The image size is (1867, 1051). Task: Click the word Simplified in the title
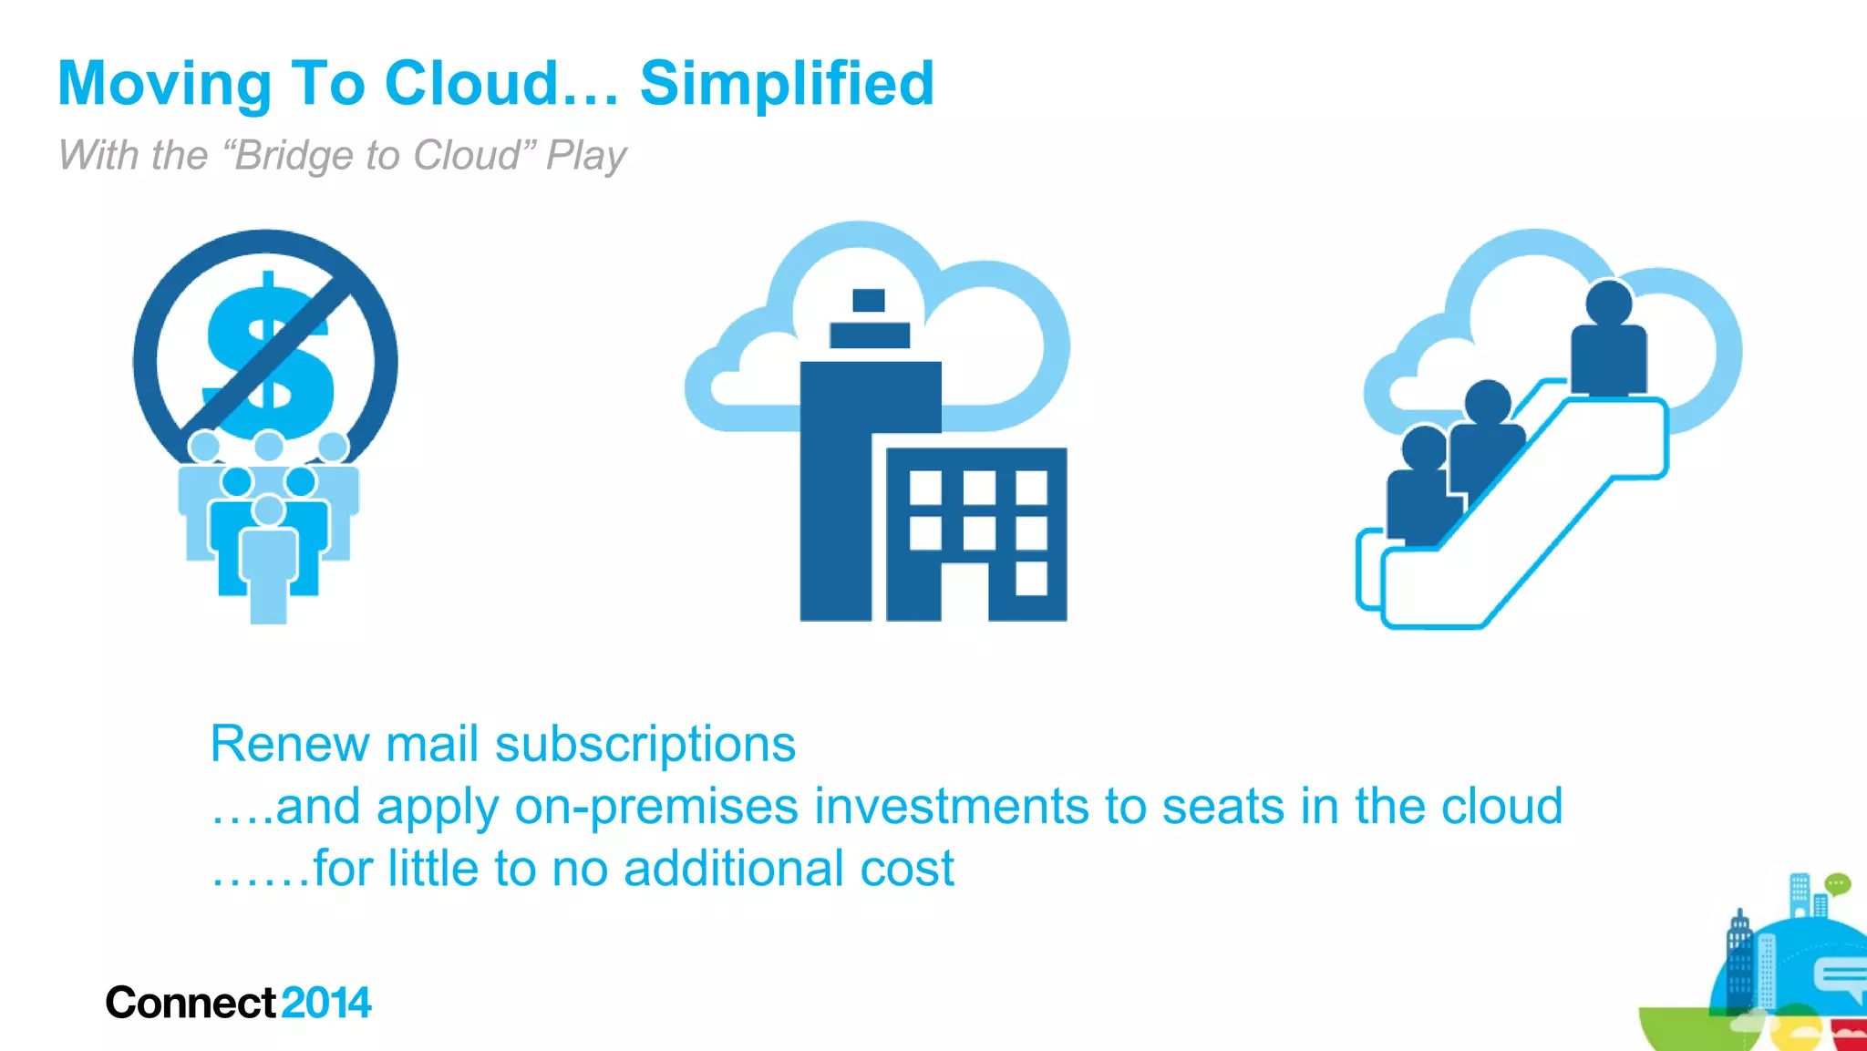[787, 84]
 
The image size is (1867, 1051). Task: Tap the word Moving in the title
[164, 84]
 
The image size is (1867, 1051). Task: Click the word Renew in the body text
[289, 744]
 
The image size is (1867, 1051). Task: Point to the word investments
[951, 807]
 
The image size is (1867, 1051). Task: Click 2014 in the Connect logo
[326, 1004]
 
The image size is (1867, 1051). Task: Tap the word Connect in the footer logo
[190, 1004]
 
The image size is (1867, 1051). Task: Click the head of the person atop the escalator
[1608, 303]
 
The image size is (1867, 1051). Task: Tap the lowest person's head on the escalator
[1423, 448]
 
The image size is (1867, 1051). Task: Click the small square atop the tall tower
[868, 300]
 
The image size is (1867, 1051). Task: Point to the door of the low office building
[964, 592]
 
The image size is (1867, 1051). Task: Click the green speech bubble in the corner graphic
[1838, 883]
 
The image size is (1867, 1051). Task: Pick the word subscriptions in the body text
[645, 744]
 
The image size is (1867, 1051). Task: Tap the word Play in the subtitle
[586, 155]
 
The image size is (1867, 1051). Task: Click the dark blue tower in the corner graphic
[1739, 962]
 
